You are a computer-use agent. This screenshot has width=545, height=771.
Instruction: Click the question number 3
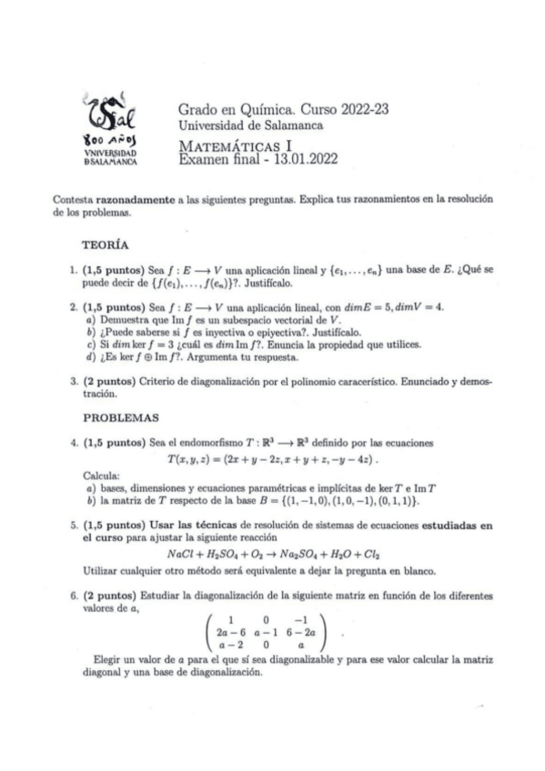coord(73,385)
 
